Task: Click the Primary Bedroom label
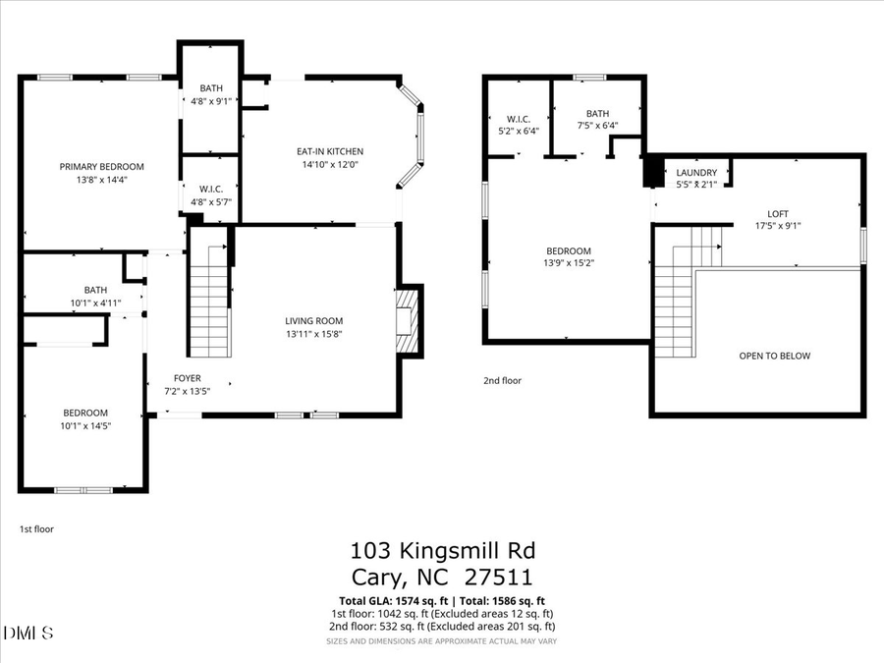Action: coord(101,167)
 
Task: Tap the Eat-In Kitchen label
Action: coord(330,151)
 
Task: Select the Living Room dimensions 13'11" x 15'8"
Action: coord(313,334)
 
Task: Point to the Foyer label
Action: coord(188,377)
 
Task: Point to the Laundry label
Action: coord(696,173)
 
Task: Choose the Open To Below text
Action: coord(774,356)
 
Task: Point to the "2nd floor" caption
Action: coord(502,380)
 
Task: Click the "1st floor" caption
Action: coord(37,528)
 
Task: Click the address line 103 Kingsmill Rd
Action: coord(442,551)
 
